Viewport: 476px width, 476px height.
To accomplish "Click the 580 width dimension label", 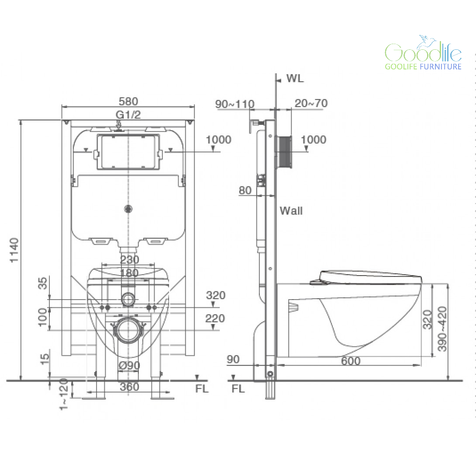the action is [128, 101].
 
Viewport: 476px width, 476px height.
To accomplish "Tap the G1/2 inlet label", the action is [128, 114].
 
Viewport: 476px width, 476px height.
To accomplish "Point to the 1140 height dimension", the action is [14, 250].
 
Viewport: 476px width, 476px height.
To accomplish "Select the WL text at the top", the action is [295, 78].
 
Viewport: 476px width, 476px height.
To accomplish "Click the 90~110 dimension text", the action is [235, 104].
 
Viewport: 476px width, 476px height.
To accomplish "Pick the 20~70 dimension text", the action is [311, 103].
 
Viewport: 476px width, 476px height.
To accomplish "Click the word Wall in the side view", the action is [291, 210].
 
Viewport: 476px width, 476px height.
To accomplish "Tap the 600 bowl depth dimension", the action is [351, 361].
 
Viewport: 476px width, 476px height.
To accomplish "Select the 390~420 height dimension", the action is [442, 329].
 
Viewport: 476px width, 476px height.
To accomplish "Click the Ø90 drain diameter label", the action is [129, 365].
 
